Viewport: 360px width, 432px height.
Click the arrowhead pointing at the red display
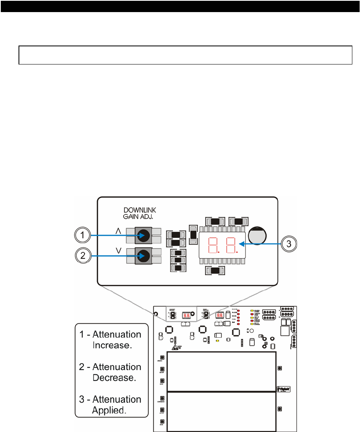click(240, 243)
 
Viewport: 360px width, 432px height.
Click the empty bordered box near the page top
click(183, 55)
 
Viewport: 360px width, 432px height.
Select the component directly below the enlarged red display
click(215, 271)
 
